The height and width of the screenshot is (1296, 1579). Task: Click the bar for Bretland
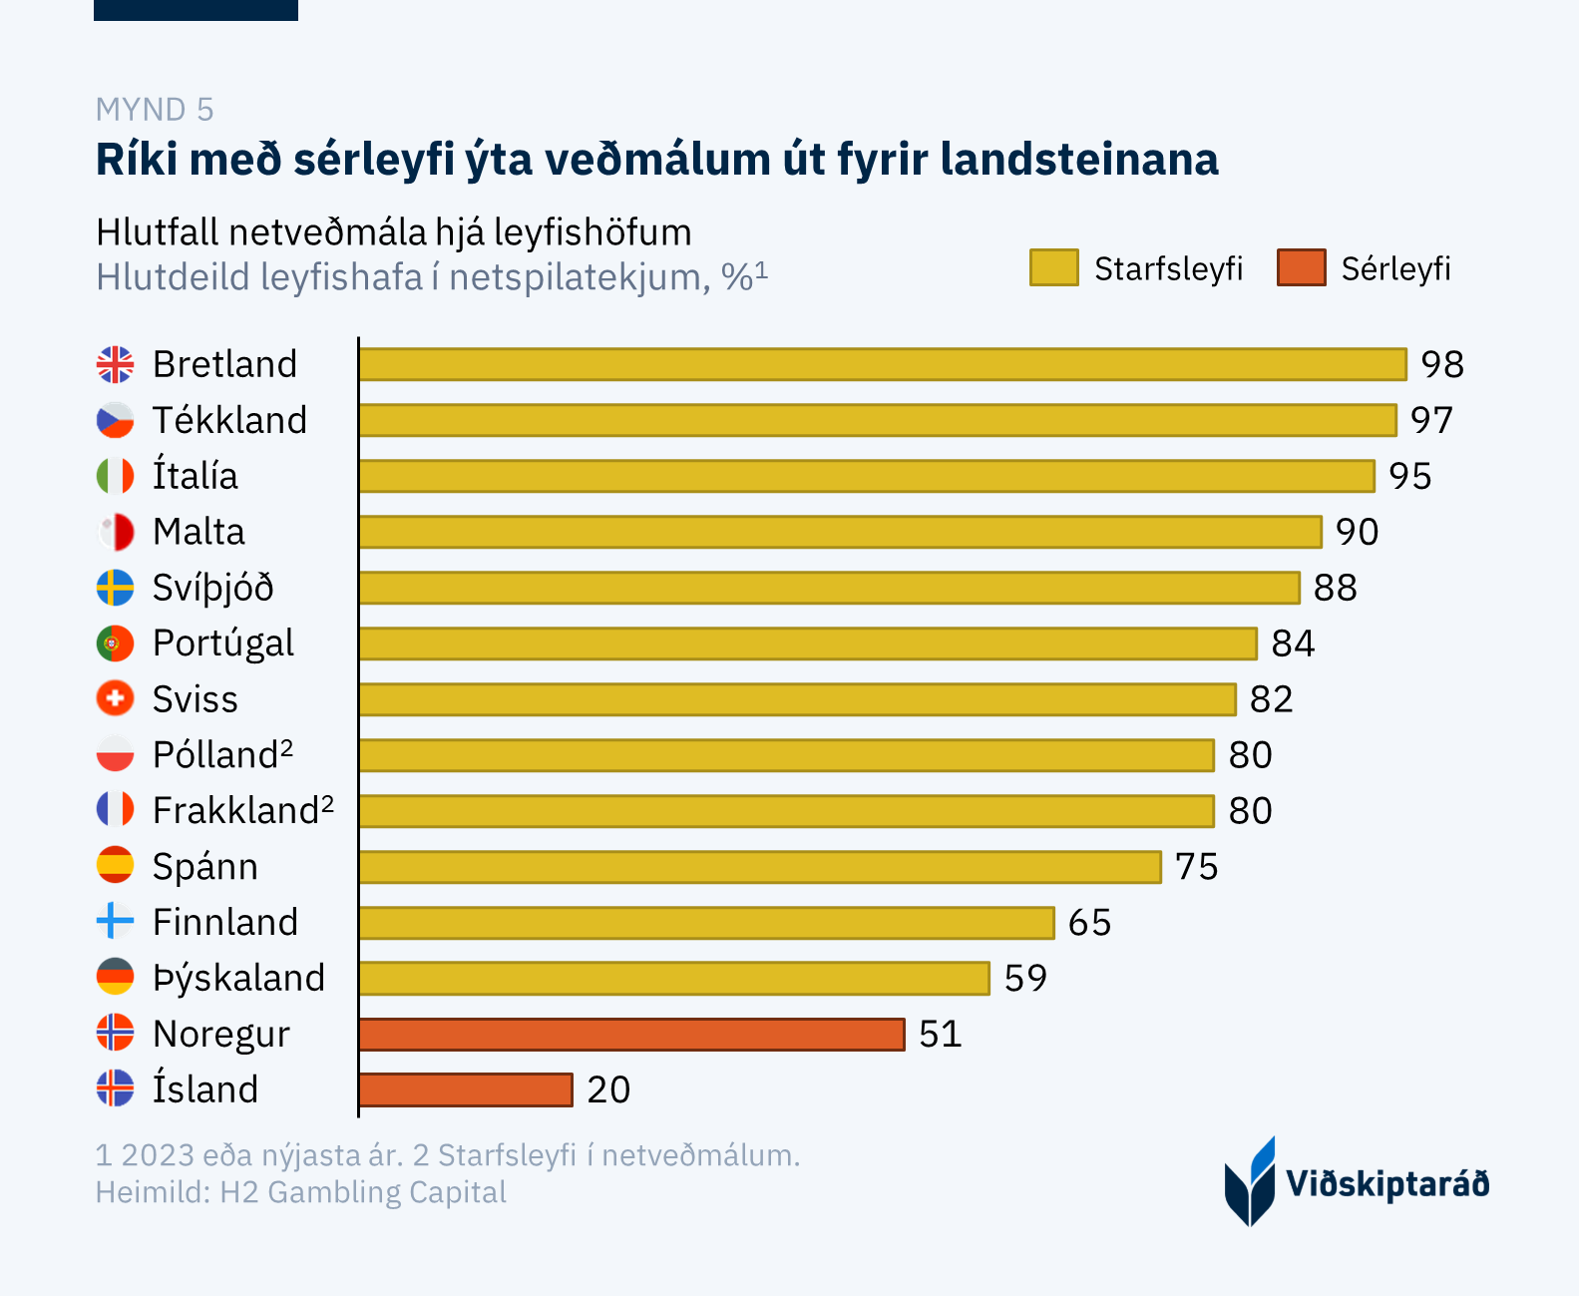(883, 364)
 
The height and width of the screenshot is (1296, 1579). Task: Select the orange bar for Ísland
(466, 1089)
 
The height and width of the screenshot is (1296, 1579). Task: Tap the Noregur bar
(631, 1035)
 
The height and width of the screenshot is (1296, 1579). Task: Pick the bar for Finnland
(706, 923)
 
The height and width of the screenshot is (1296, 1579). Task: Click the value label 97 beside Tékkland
(1431, 420)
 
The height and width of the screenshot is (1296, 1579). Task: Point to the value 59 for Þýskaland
(1025, 978)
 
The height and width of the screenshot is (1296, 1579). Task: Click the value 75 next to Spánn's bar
(1196, 867)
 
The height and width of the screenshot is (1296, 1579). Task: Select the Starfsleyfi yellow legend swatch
(1053, 268)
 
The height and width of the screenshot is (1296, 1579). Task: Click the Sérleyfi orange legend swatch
(1301, 268)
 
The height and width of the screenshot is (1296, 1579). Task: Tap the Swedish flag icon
(115, 588)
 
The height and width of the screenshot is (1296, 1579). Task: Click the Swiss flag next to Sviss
(115, 698)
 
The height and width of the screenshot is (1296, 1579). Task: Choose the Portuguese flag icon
(115, 644)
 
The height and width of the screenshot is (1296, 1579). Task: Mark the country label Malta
(198, 532)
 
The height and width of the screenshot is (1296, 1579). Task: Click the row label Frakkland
(235, 811)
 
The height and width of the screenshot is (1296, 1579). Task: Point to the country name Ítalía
(196, 476)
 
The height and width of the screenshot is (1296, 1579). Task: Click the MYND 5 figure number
(155, 109)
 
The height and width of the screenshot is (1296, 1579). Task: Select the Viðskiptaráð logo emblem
(1249, 1181)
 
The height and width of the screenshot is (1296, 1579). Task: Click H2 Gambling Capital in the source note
(363, 1192)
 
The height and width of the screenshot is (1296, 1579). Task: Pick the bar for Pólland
(786, 755)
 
